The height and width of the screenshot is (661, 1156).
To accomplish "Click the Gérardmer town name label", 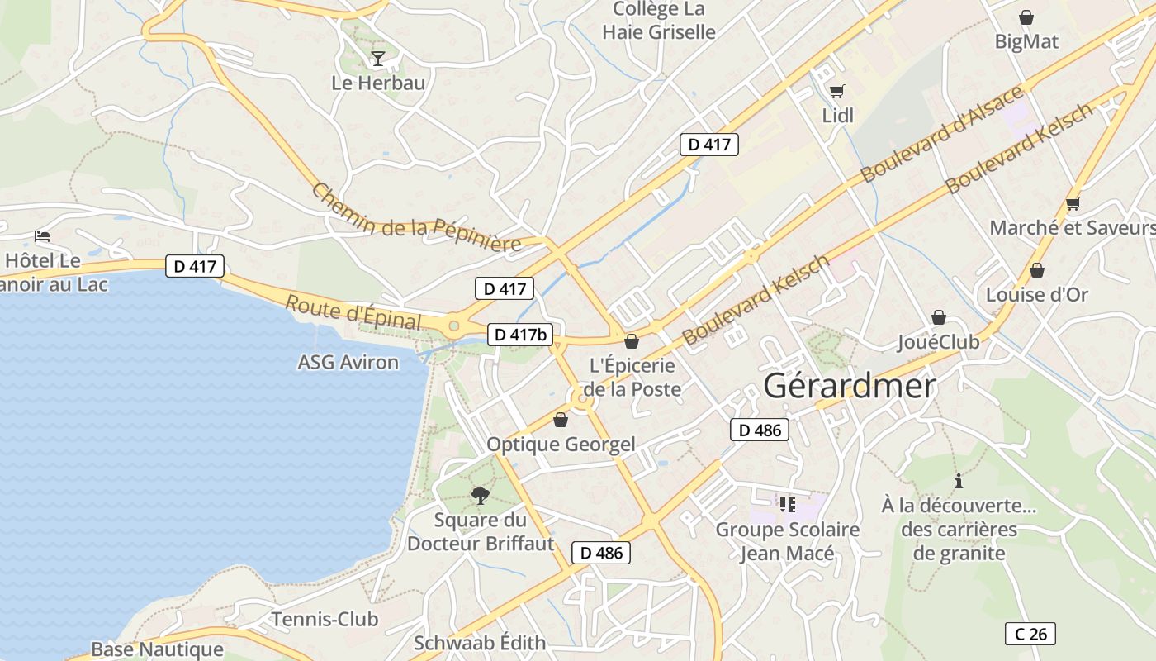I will [x=850, y=386].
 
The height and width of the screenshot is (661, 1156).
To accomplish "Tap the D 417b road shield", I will [x=520, y=334].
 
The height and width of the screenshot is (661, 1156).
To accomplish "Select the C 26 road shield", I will [x=1030, y=634].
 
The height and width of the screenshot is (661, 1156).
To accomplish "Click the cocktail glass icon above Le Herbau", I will [x=378, y=58].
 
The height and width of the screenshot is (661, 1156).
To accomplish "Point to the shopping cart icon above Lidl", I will [x=837, y=91].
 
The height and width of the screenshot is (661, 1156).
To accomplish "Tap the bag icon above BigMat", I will [x=1026, y=17].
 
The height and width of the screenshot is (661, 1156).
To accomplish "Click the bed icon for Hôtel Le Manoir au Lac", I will [x=42, y=236].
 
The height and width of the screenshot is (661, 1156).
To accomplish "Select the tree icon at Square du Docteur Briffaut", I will [x=480, y=495].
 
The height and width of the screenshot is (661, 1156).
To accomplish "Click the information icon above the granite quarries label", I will [x=959, y=481].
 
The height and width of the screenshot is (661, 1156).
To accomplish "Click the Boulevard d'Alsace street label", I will [x=941, y=134].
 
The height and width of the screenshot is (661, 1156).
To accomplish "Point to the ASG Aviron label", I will [x=348, y=362].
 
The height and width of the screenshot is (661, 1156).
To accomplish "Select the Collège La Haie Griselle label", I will [x=658, y=21].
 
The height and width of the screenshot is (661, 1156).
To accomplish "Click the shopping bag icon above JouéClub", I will [x=939, y=317].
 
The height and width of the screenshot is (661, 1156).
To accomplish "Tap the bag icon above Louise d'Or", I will [x=1037, y=270].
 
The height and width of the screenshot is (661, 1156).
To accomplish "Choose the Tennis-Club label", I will [x=325, y=619].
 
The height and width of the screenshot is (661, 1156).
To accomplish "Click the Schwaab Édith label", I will [x=480, y=643].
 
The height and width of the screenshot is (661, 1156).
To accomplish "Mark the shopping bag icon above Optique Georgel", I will [x=561, y=420].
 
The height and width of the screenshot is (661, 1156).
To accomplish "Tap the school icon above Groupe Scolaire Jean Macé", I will [x=787, y=504].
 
